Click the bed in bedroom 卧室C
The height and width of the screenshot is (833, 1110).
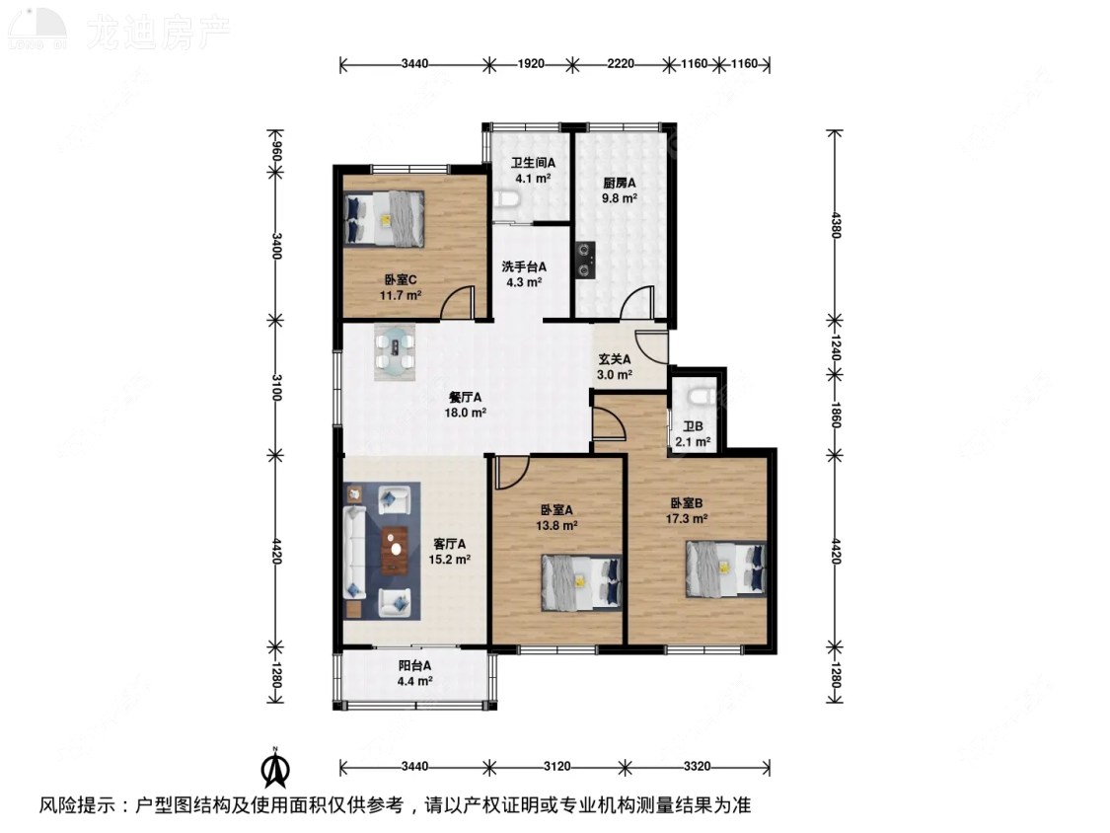click(385, 218)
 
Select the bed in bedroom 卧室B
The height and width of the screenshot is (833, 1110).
click(726, 569)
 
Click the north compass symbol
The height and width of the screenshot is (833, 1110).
click(277, 767)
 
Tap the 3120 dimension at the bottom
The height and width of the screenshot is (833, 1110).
click(556, 767)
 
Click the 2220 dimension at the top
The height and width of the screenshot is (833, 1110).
click(620, 64)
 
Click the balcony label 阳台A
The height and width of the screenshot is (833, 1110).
click(414, 665)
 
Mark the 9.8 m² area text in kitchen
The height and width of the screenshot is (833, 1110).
click(620, 197)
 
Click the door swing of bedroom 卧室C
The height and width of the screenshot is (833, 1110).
click(458, 301)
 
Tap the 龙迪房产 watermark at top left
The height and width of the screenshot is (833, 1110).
click(158, 33)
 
